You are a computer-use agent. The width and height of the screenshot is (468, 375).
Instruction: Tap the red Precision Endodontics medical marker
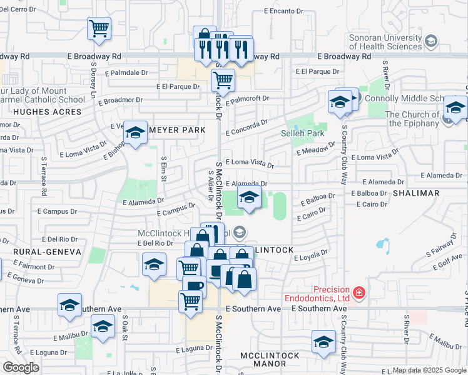click(359, 292)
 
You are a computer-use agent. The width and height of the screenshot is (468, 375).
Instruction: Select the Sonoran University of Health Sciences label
click(385, 42)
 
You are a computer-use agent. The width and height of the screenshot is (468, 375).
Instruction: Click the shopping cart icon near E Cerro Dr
click(99, 28)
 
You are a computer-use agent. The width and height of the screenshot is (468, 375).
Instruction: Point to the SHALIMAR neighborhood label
click(416, 193)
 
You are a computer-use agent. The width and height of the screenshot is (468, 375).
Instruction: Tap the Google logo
click(21, 367)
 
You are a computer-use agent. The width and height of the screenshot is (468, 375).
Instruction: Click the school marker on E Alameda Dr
click(249, 197)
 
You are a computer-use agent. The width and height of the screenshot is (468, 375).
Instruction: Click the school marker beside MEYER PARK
click(135, 132)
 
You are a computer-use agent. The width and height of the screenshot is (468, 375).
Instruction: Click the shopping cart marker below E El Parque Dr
click(223, 79)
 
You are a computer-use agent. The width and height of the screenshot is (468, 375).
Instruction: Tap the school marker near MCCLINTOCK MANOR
click(323, 342)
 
